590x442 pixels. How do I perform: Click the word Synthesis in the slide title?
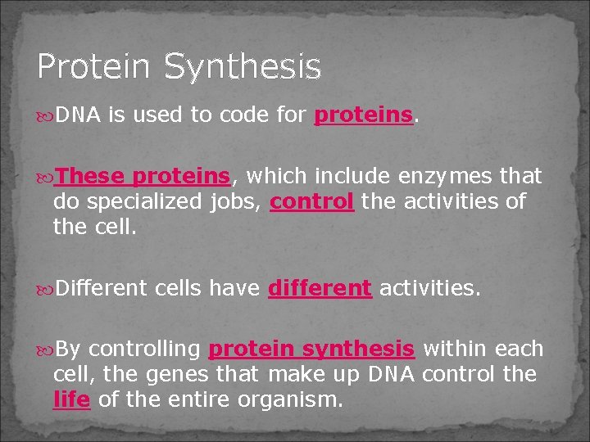coord(243,67)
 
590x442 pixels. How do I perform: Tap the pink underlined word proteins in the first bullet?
coord(364,115)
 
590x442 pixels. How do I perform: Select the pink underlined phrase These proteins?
coord(144,176)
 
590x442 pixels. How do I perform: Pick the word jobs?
coord(238,201)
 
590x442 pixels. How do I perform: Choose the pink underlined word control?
coord(311,201)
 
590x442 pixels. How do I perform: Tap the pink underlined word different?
coord(320,288)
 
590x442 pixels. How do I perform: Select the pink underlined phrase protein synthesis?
coord(311,350)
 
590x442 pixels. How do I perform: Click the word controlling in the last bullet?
coord(144,350)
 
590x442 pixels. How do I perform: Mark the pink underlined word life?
coord(71,400)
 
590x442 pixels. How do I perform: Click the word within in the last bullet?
coord(452,350)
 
